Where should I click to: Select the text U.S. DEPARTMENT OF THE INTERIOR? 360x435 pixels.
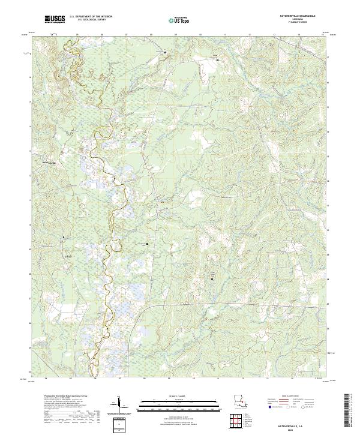(x=90, y=17)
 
